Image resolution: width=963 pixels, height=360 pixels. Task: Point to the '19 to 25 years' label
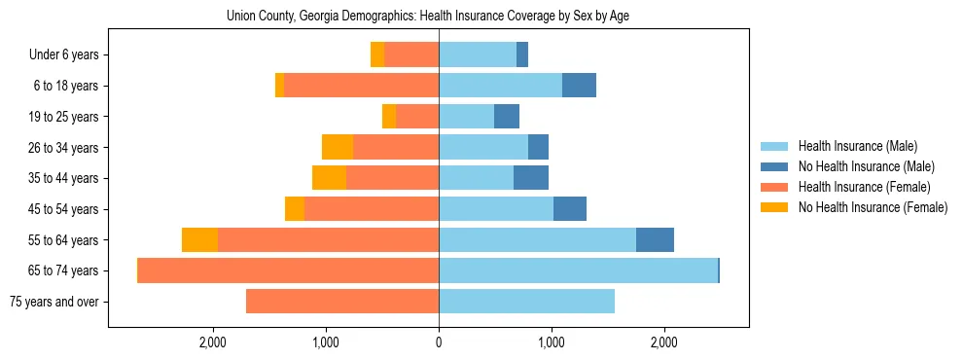point(63,117)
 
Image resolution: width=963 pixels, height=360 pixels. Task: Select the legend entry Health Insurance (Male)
point(853,147)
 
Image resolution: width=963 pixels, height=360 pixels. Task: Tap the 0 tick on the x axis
point(439,342)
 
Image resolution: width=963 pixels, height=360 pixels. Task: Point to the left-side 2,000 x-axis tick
point(213,342)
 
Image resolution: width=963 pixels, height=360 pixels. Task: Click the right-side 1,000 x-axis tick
point(552,342)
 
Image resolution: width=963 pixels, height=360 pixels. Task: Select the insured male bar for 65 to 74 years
point(578,270)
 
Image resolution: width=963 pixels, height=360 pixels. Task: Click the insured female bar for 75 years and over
point(342,302)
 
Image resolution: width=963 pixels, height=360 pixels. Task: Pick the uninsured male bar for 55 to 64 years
point(655,240)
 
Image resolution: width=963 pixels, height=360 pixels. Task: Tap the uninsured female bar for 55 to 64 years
point(199,240)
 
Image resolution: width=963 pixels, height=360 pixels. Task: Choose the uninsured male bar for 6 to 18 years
point(579,86)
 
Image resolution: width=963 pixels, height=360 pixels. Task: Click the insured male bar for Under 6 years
point(478,55)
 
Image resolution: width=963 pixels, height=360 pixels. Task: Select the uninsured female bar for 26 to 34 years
point(338,147)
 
